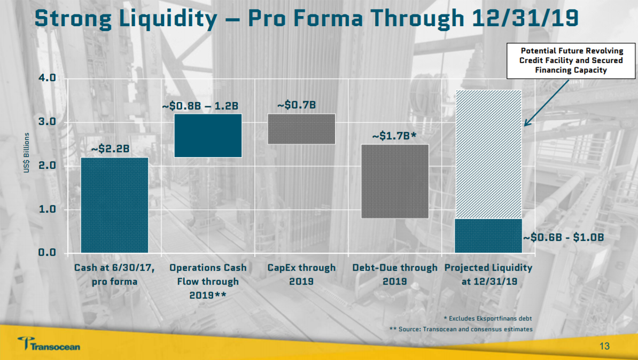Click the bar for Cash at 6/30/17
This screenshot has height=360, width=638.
point(114,205)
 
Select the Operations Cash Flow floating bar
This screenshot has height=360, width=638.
point(208,135)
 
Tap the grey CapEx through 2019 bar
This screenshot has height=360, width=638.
point(301,129)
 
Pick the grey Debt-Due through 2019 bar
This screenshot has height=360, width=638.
point(394,181)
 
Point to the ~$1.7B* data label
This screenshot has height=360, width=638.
point(394,136)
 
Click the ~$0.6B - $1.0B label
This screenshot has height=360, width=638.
point(563,237)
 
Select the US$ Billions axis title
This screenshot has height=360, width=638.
point(27,153)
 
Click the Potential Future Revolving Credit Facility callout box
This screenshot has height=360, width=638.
point(571,60)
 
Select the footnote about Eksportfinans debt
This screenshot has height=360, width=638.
point(487,318)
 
